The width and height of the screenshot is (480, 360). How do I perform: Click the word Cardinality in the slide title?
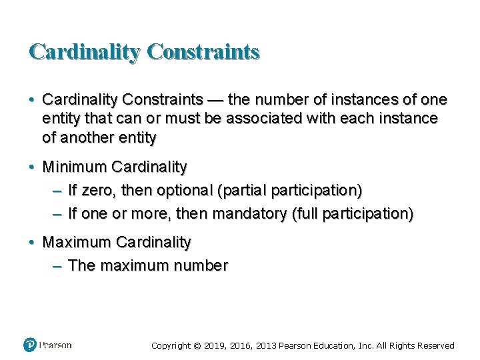click(x=83, y=51)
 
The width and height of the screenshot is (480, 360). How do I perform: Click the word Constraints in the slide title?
click(x=203, y=51)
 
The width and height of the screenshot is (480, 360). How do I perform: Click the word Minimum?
click(x=75, y=166)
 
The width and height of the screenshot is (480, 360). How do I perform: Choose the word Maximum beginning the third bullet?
click(x=77, y=242)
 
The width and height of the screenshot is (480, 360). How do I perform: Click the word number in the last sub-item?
click(x=201, y=265)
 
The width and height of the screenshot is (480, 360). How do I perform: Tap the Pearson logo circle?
click(x=30, y=345)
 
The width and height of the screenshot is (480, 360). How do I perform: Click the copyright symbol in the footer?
click(x=197, y=345)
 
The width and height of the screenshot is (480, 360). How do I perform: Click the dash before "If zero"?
click(x=57, y=191)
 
